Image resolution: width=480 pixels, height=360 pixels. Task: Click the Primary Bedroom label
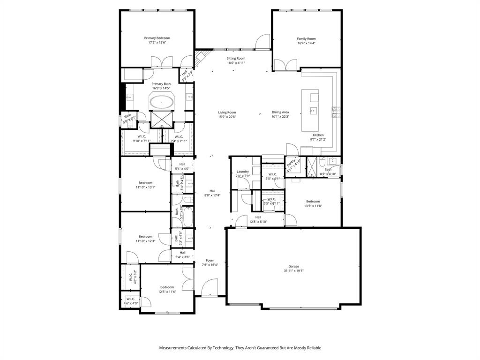(x=157, y=38)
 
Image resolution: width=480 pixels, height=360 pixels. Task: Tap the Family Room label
(x=306, y=39)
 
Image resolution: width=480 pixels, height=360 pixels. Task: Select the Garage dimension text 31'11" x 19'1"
(x=294, y=270)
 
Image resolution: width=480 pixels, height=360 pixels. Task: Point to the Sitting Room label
(x=236, y=59)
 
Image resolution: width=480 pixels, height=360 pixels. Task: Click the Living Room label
(x=227, y=112)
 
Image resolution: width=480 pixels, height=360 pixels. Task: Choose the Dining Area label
(x=280, y=112)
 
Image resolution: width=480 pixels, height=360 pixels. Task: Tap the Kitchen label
(x=318, y=135)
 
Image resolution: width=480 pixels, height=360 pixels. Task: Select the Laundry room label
(x=242, y=172)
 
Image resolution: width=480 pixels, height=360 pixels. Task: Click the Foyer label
(x=210, y=261)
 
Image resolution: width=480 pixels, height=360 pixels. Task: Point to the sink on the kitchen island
(x=313, y=111)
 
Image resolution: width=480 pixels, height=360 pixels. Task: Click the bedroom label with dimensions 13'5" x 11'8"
(x=313, y=202)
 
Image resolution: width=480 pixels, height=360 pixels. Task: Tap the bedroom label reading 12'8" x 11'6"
(x=167, y=287)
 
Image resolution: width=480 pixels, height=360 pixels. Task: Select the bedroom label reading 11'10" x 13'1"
(x=145, y=183)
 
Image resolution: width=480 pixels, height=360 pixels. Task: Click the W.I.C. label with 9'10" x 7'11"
(x=142, y=136)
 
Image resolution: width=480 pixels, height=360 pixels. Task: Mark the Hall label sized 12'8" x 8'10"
(x=258, y=217)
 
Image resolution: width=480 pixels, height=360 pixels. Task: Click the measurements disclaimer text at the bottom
(x=240, y=348)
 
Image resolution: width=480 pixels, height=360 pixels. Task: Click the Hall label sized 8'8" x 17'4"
(x=212, y=191)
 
